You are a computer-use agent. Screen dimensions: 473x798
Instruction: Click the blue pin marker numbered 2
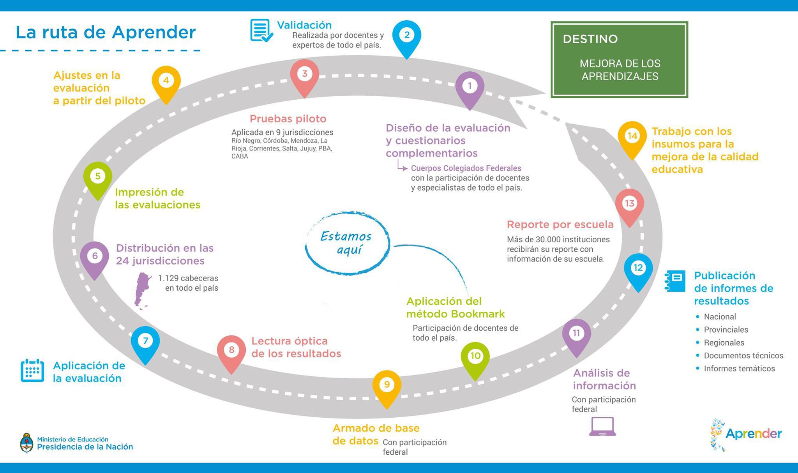(x=406, y=36)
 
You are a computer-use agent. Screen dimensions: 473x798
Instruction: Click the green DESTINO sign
(x=619, y=59)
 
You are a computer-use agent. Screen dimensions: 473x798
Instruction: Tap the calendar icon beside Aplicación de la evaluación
(x=32, y=370)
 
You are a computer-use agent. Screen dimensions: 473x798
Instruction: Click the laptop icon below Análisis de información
(x=602, y=426)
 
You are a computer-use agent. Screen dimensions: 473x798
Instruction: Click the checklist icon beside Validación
(x=261, y=30)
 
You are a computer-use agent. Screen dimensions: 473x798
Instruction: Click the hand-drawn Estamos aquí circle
(x=347, y=243)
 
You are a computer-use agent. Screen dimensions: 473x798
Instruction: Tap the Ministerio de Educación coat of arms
(x=26, y=443)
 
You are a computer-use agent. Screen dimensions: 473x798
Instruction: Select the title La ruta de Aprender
(x=106, y=32)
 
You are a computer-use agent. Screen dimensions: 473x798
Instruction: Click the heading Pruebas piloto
(x=288, y=119)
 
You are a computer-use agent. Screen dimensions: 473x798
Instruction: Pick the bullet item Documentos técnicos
(x=743, y=356)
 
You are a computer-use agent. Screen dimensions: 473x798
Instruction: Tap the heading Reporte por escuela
(x=560, y=225)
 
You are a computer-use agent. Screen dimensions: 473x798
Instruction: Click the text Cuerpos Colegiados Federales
(x=466, y=168)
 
